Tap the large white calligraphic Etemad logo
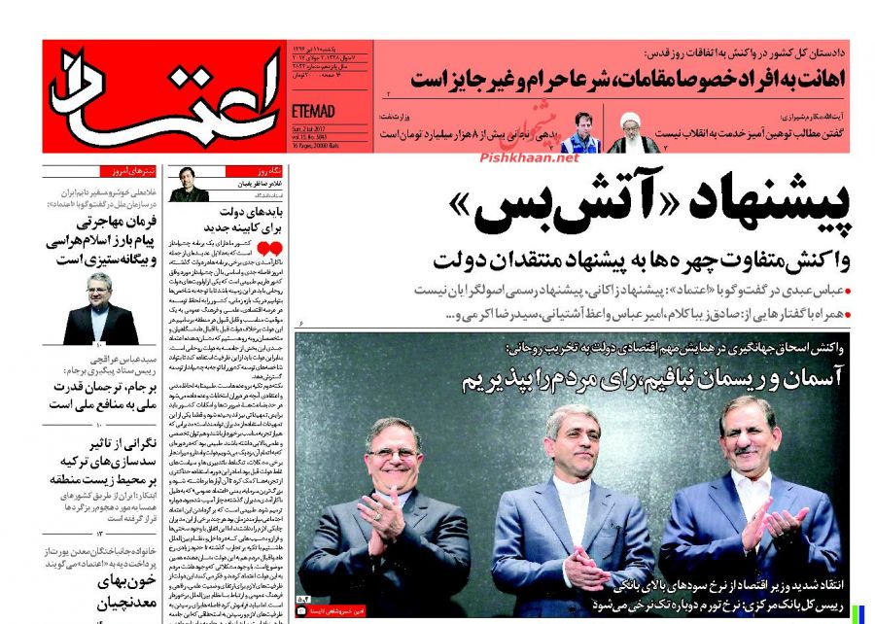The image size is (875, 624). pyautogui.click(x=161, y=96)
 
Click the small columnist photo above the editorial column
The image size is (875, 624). pyautogui.click(x=189, y=185)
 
